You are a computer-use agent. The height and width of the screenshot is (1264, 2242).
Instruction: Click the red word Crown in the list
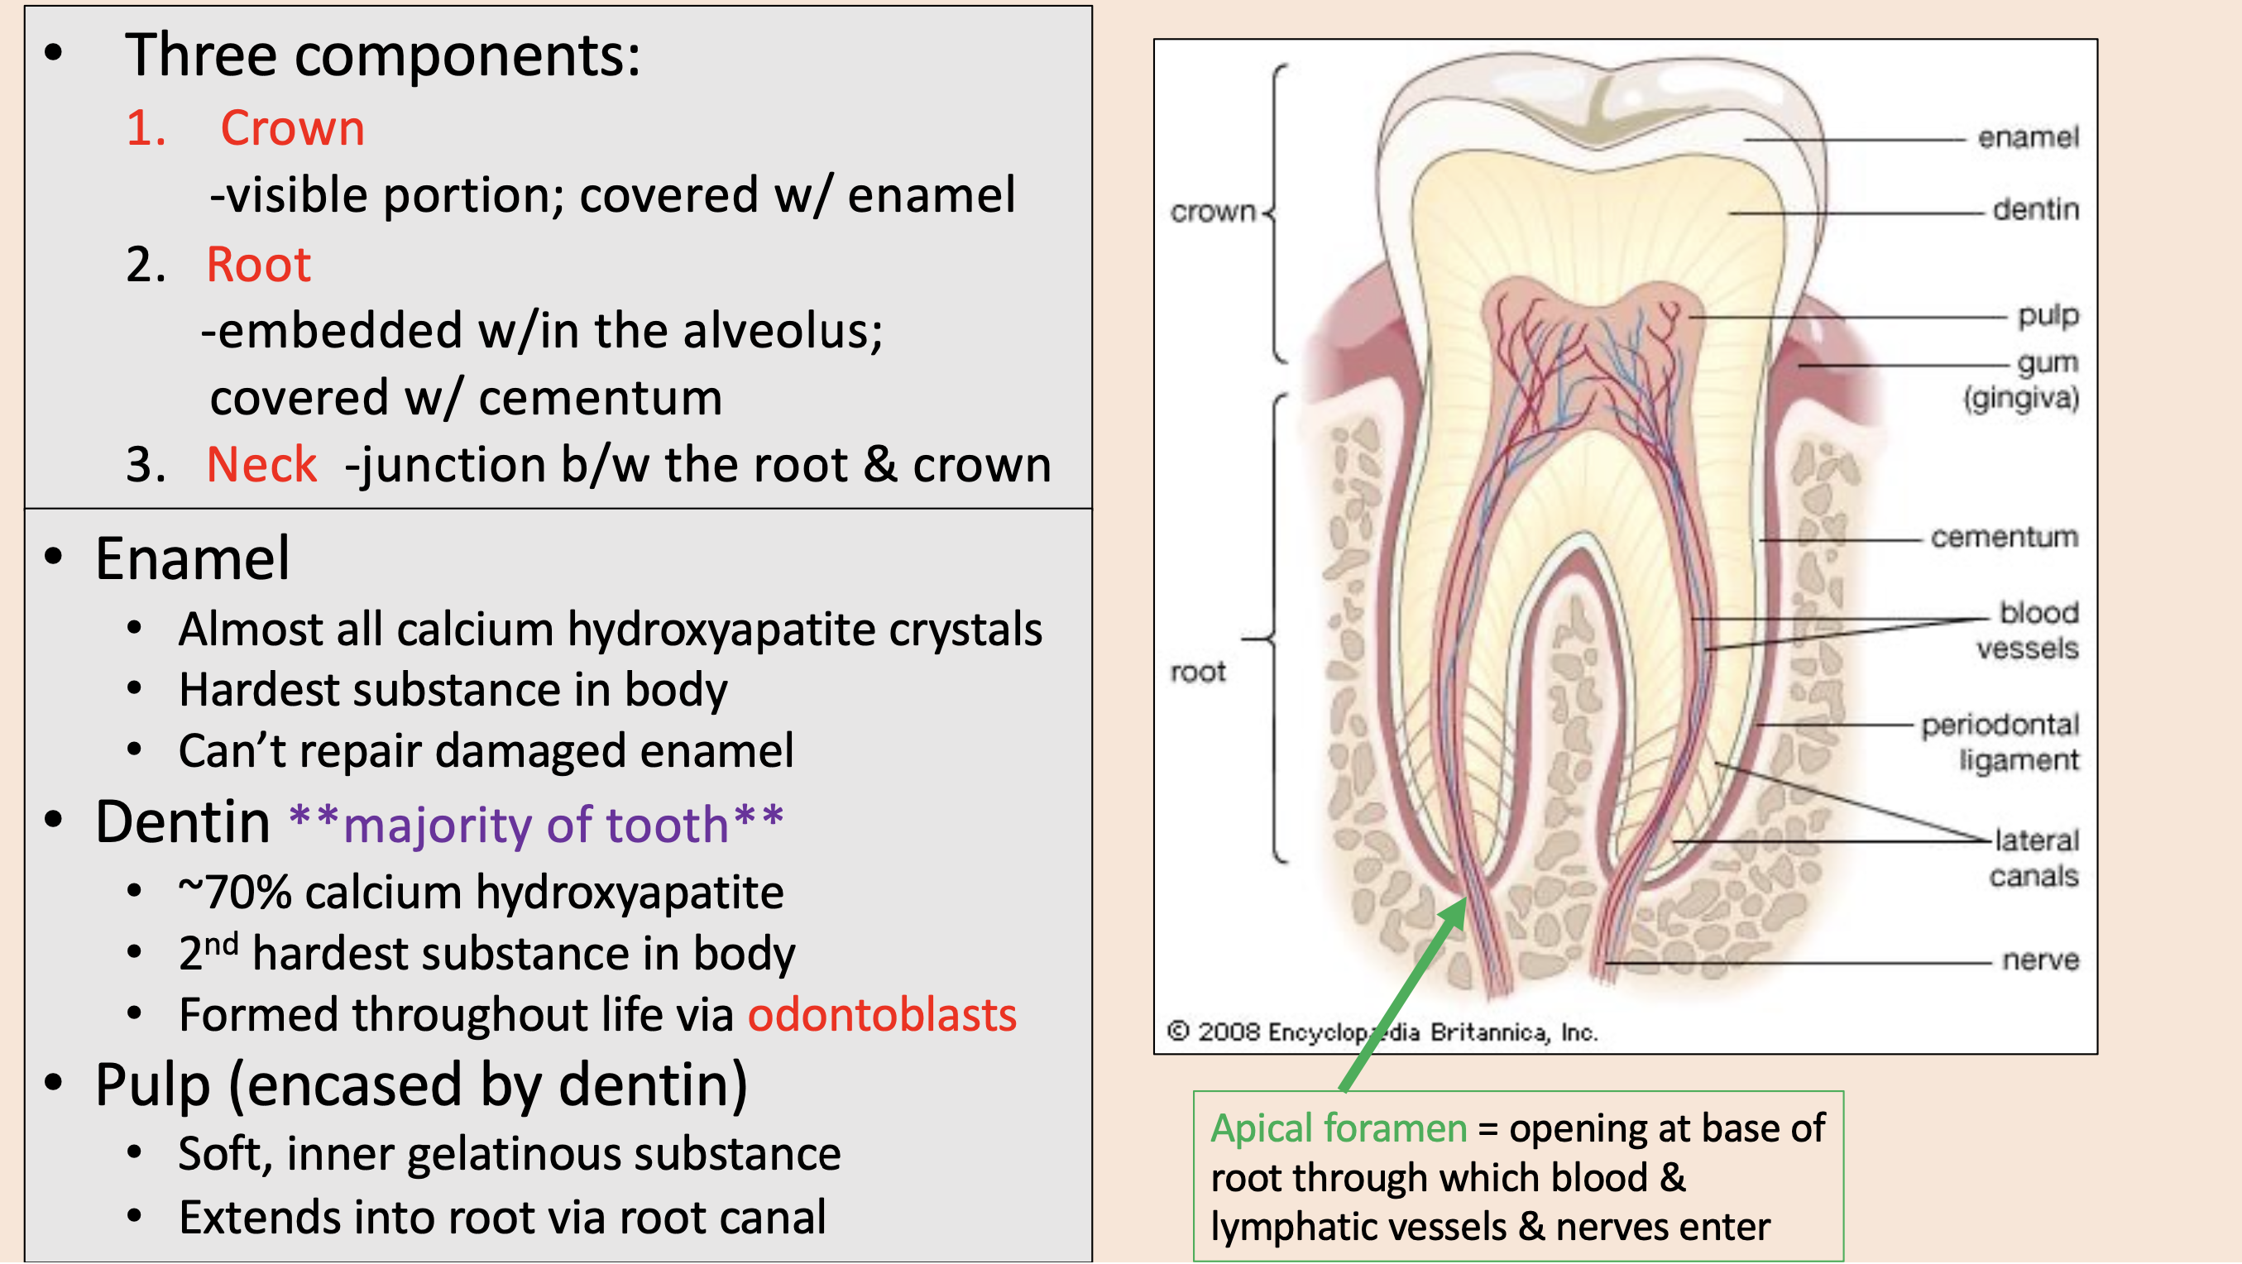[291, 129]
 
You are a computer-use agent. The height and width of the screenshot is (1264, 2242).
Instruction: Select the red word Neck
[261, 464]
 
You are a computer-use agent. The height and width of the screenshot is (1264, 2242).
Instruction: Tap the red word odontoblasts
[882, 1015]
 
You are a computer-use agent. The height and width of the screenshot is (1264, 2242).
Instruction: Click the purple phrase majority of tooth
[536, 826]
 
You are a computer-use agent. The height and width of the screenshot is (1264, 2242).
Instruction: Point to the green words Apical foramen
[1339, 1129]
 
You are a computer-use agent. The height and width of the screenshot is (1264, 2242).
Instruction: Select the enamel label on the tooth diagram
[2028, 137]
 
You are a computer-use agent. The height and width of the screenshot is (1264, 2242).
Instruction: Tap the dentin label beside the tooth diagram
[2036, 210]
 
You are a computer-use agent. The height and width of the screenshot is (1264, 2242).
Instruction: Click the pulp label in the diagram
[2048, 315]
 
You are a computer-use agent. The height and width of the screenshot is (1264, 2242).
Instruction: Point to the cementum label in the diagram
[2004, 537]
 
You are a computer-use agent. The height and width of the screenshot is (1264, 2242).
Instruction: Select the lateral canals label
[2035, 859]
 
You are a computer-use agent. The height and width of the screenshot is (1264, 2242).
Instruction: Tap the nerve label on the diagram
[2040, 960]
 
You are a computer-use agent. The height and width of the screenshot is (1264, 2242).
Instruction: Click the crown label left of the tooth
[1212, 212]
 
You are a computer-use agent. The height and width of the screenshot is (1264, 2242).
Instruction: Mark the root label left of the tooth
[1198, 672]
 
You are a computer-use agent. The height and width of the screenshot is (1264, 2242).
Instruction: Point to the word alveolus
[783, 332]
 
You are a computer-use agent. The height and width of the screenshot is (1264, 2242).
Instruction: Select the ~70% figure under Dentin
[235, 893]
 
